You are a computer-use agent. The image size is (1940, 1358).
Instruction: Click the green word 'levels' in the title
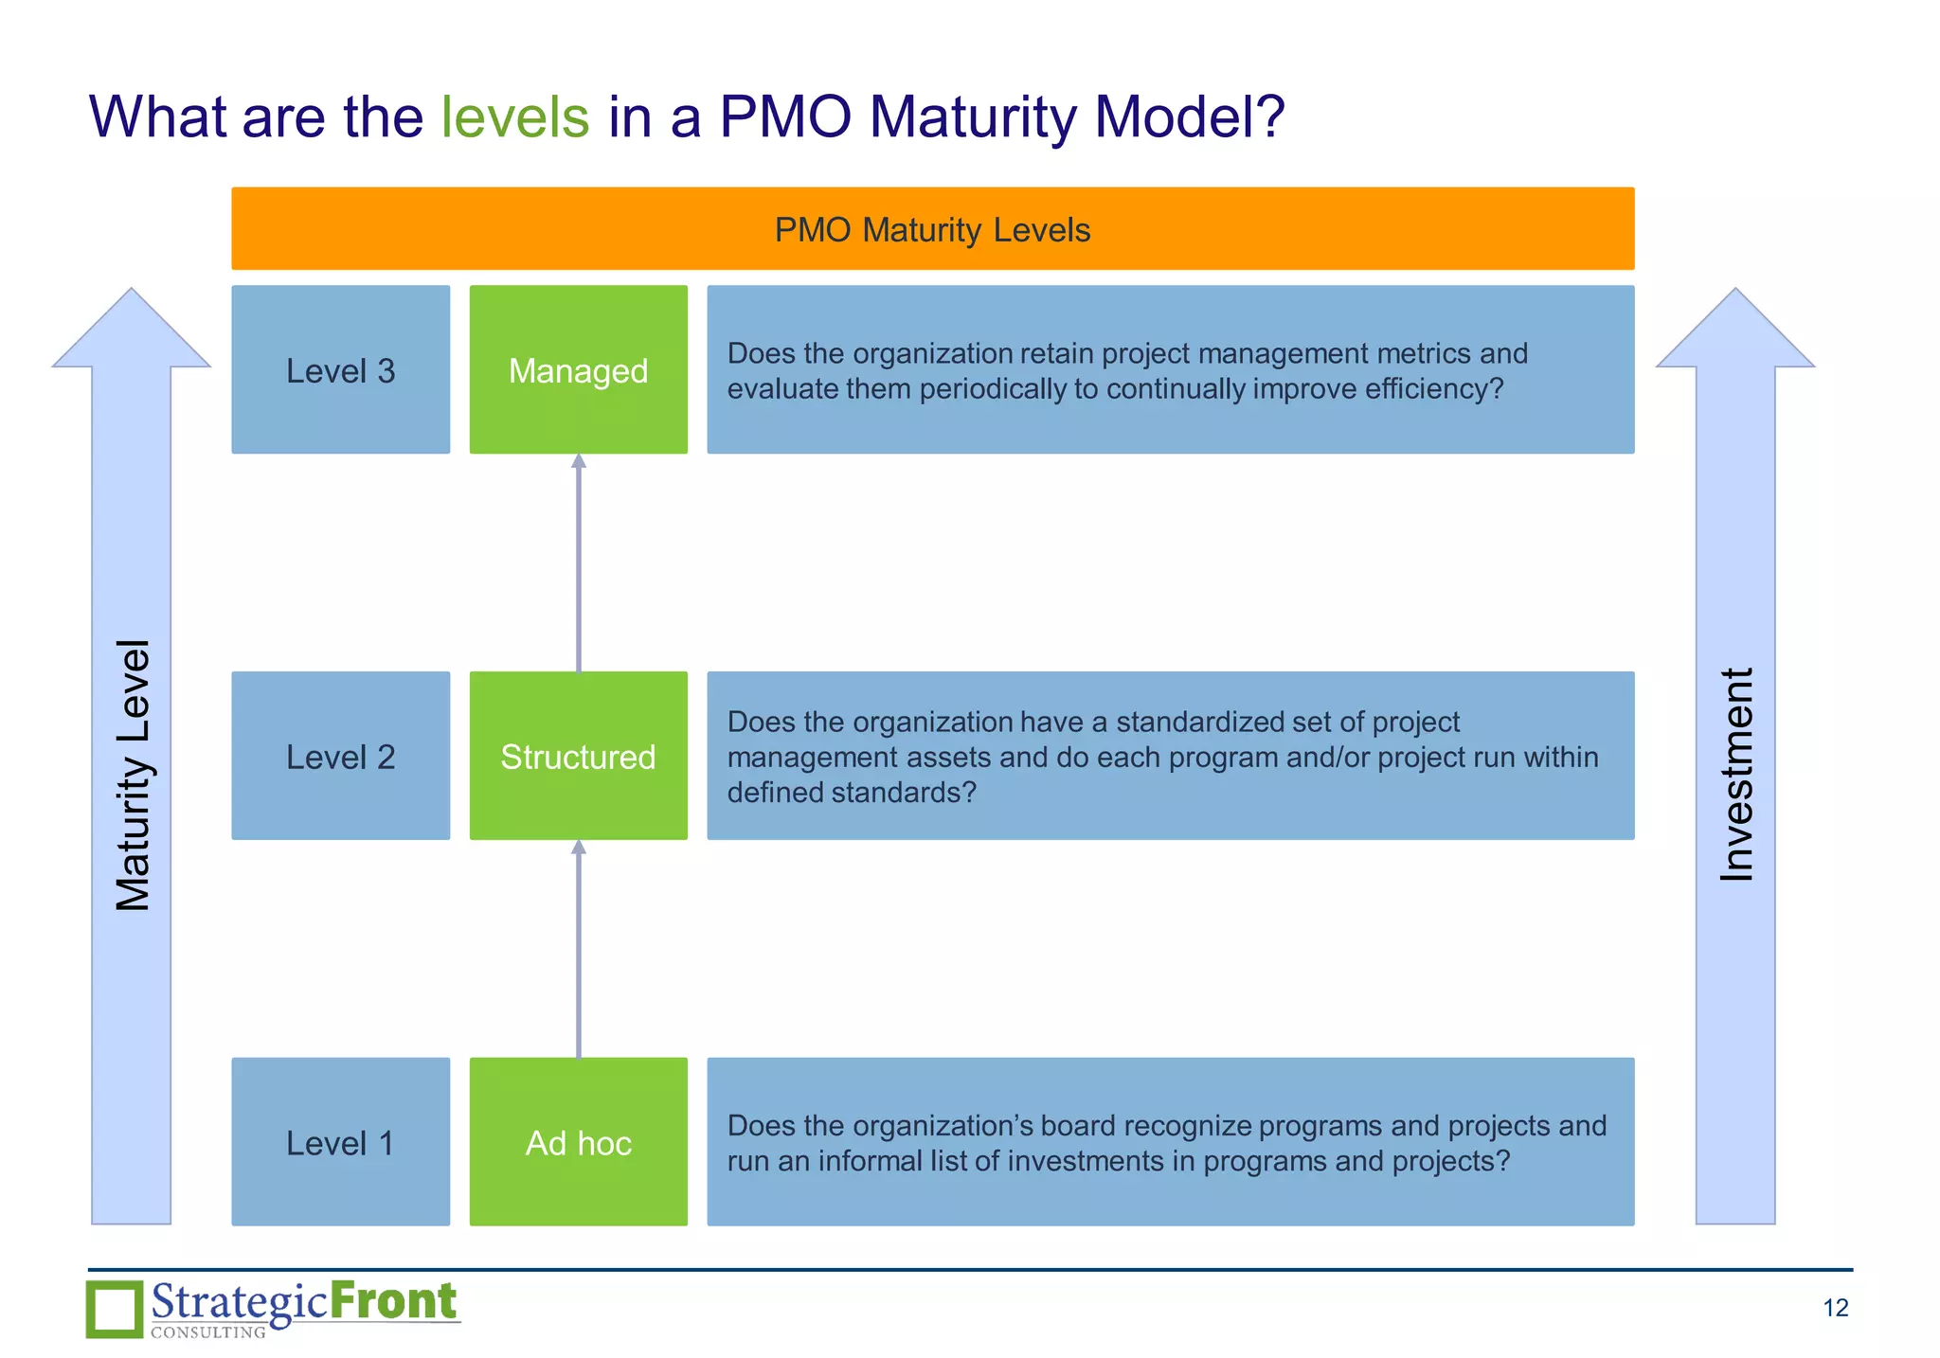[x=514, y=117]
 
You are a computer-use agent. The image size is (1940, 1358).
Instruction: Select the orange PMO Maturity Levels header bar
[x=932, y=229]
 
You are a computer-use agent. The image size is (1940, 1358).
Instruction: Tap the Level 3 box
[x=340, y=370]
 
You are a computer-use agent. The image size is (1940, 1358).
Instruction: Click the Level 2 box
[x=340, y=757]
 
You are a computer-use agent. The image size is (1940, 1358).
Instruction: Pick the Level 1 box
[x=340, y=1142]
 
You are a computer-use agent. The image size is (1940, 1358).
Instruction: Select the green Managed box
[x=578, y=370]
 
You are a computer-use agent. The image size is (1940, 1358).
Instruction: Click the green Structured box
[x=578, y=757]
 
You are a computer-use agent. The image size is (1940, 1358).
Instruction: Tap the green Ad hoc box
[x=578, y=1142]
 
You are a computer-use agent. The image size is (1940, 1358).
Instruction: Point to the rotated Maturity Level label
[x=133, y=775]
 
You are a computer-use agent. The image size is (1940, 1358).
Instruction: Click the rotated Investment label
[x=1736, y=775]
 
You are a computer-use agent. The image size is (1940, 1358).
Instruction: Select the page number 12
[x=1835, y=1308]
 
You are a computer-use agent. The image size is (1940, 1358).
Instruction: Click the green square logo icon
[x=115, y=1309]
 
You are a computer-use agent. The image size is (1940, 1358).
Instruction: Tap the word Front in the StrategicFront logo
[x=393, y=1301]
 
